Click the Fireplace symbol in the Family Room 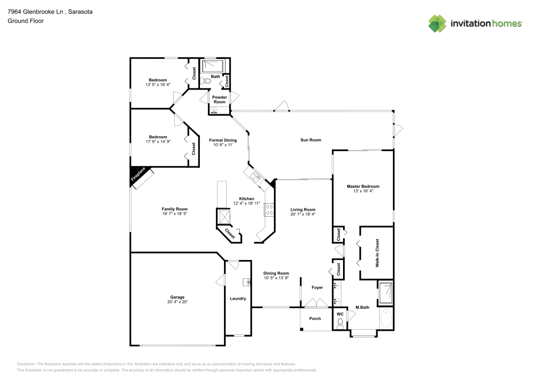(x=138, y=176)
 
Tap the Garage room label (x=177, y=297)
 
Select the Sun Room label (x=310, y=140)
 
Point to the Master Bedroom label (x=363, y=187)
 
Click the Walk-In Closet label (x=377, y=253)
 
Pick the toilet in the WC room (x=340, y=322)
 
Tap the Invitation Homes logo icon (x=437, y=23)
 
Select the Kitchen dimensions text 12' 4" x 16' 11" (x=247, y=203)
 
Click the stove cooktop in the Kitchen (x=270, y=209)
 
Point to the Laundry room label (x=237, y=299)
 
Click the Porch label (x=315, y=318)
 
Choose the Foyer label (x=317, y=288)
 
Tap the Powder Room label (x=220, y=100)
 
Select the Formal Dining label (x=222, y=140)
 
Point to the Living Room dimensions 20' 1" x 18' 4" (x=303, y=214)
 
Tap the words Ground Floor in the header (x=25, y=21)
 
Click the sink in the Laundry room (x=248, y=281)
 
